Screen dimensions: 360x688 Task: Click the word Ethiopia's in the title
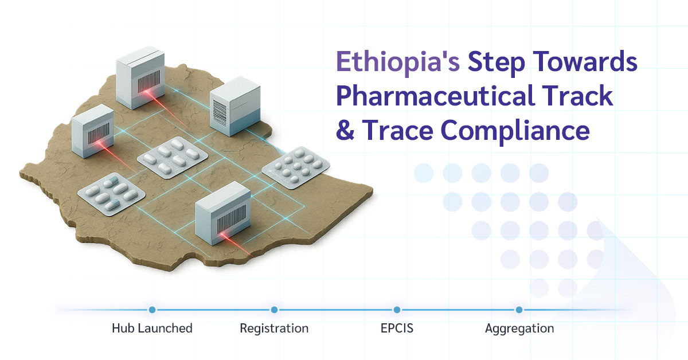point(397,62)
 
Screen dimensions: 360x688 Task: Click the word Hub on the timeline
point(122,328)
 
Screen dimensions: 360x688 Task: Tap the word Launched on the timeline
point(164,328)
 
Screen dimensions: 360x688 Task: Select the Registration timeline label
point(274,328)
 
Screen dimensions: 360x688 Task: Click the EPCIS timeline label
point(396,328)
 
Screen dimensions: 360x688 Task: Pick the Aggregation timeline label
point(519,328)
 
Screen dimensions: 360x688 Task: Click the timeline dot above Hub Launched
point(152,310)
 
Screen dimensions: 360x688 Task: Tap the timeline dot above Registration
point(274,310)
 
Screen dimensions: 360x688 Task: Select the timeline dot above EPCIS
point(397,310)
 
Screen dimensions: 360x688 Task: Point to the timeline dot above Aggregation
point(519,310)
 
